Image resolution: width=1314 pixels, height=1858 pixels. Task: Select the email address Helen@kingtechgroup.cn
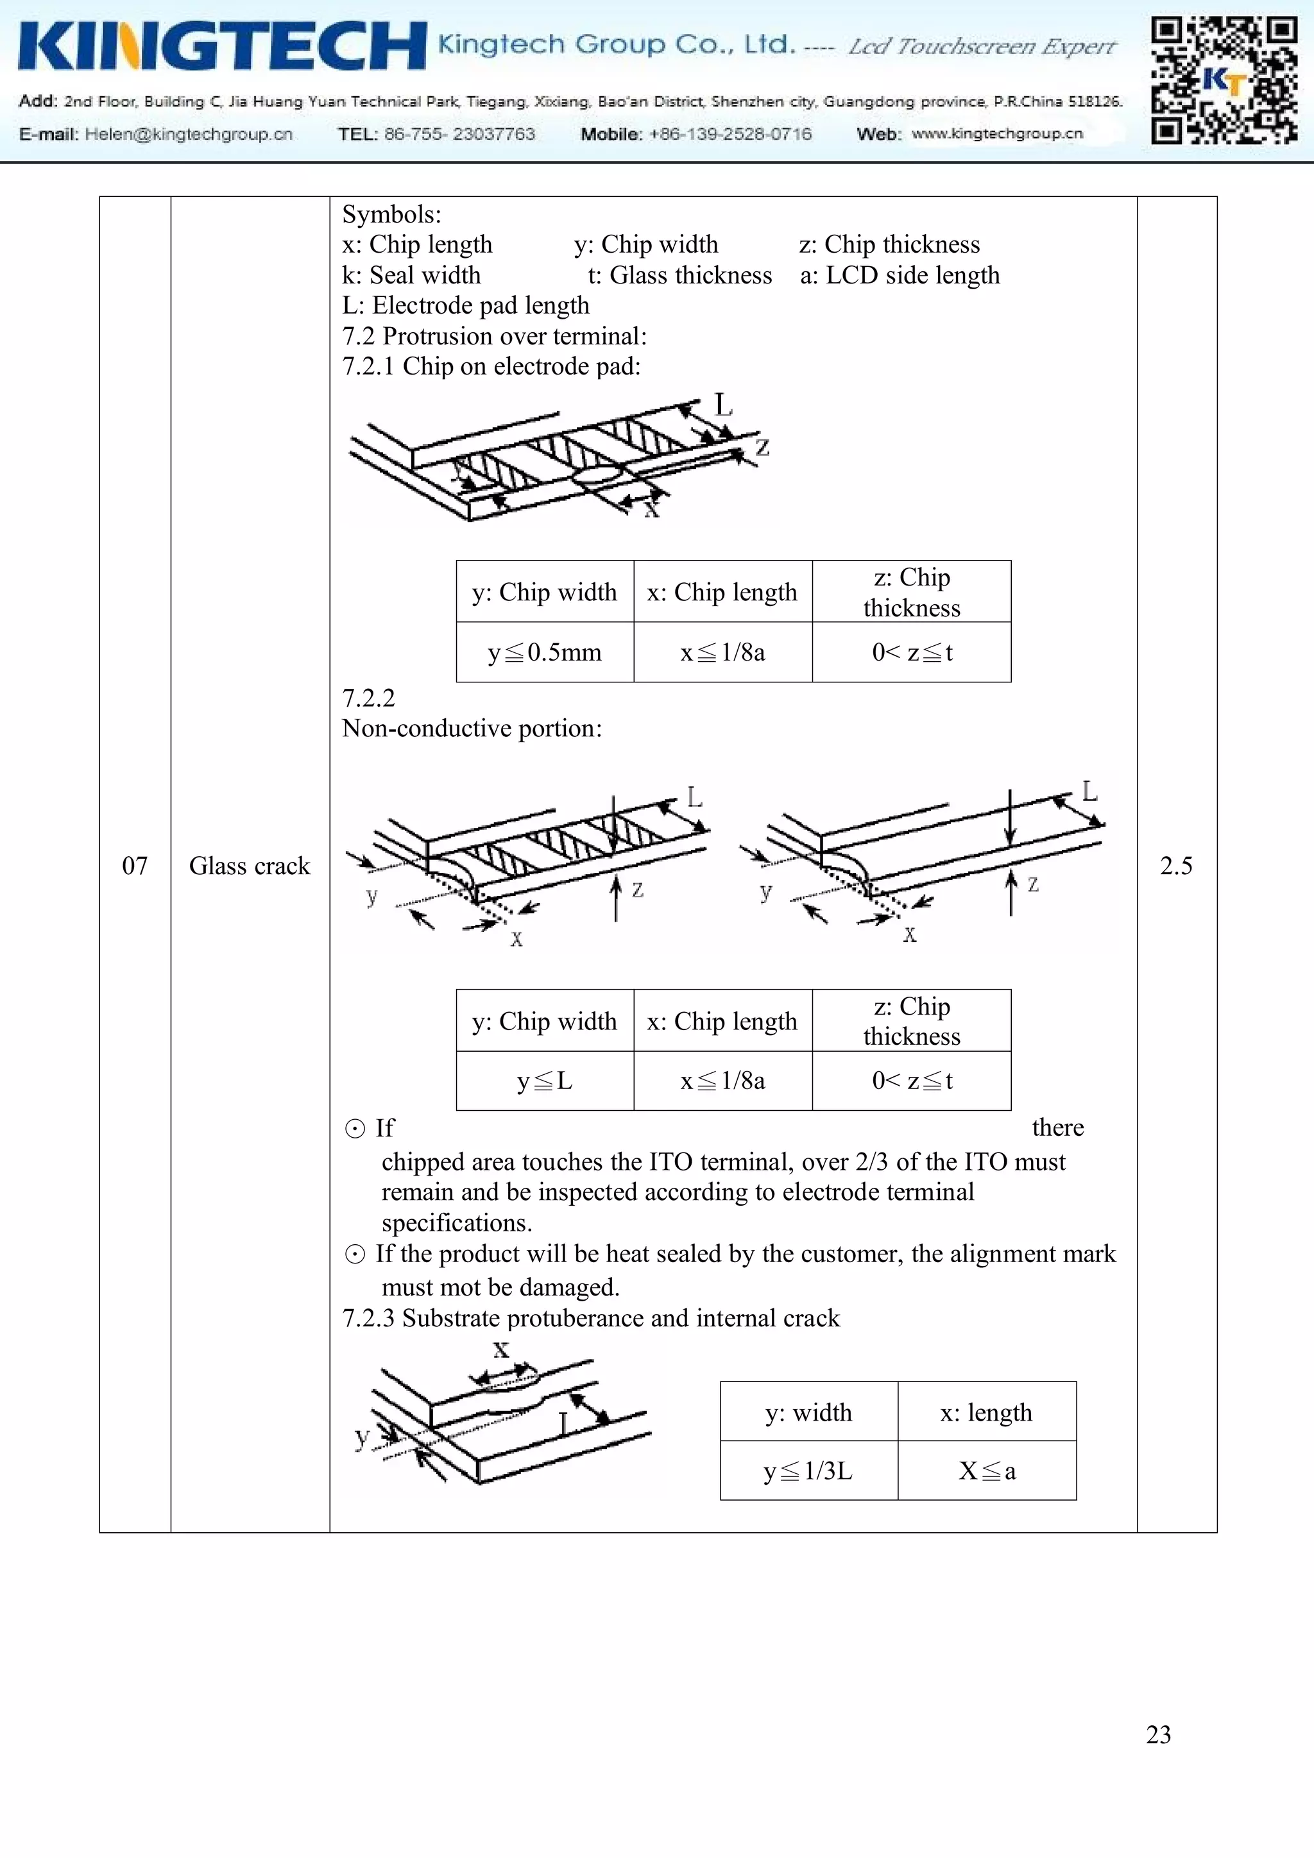point(189,134)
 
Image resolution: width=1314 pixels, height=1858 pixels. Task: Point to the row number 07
point(134,866)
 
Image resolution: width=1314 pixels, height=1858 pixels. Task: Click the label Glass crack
point(250,866)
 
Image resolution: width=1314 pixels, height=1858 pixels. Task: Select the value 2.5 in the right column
point(1175,866)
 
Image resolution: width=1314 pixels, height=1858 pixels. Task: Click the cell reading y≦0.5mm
point(545,652)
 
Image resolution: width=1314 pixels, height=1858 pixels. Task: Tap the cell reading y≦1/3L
point(808,1471)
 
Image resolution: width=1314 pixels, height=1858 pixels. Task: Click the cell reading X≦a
point(987,1471)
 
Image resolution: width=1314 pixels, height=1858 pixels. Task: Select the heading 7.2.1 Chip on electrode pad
point(491,367)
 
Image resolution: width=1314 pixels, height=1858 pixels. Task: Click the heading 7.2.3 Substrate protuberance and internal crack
point(591,1318)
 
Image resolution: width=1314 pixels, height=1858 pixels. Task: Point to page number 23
point(1157,1734)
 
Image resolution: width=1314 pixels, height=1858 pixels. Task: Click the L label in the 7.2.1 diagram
point(723,404)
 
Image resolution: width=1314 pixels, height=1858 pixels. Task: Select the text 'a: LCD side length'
point(900,275)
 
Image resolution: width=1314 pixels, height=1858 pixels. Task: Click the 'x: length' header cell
point(986,1413)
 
